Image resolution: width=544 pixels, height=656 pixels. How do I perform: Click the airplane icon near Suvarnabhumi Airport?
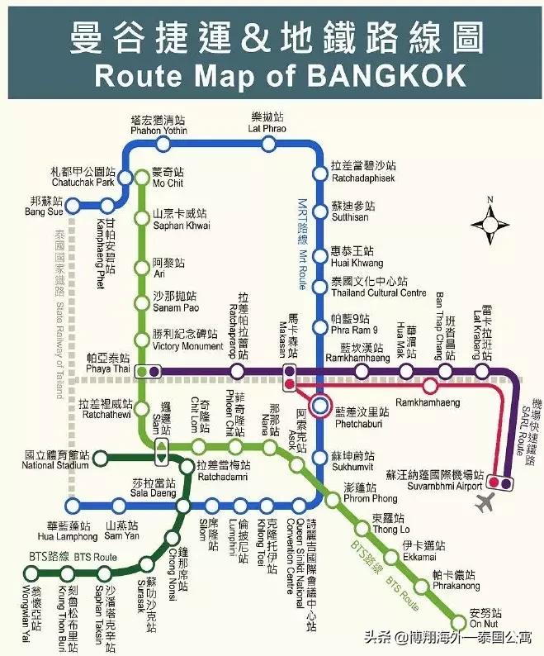[x=487, y=502]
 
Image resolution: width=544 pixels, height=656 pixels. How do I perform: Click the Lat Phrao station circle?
[x=267, y=145]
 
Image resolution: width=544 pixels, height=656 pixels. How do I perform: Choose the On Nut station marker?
[x=459, y=621]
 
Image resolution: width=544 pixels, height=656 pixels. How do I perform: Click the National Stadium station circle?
[x=99, y=457]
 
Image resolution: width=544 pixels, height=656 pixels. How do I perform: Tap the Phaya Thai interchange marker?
[x=148, y=371]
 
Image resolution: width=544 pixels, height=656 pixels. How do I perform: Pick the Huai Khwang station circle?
[x=320, y=253]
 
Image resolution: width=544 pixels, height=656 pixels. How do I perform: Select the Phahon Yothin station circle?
[x=163, y=145]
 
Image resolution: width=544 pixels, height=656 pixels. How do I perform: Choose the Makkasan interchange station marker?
[x=290, y=377]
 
